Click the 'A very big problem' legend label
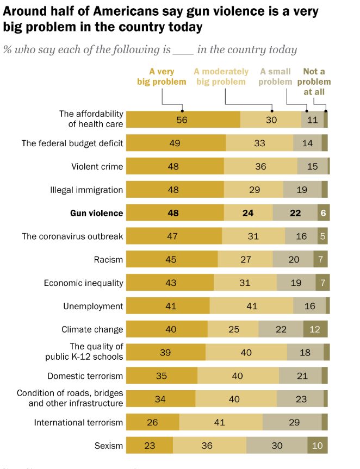pos(162,77)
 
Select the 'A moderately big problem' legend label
pos(221,77)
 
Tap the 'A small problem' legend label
pos(275,77)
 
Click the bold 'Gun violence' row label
pos(97,213)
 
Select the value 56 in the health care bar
pos(182,120)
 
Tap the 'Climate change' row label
pos(92,329)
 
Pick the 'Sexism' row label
pos(109,446)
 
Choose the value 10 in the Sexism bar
pos(318,446)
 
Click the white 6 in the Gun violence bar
pos(323,213)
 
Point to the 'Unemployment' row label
pos(93,306)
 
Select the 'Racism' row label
pos(109,260)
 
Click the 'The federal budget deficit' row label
pos(72,143)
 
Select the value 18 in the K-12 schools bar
pos(305,352)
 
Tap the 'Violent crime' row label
pos(97,166)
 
